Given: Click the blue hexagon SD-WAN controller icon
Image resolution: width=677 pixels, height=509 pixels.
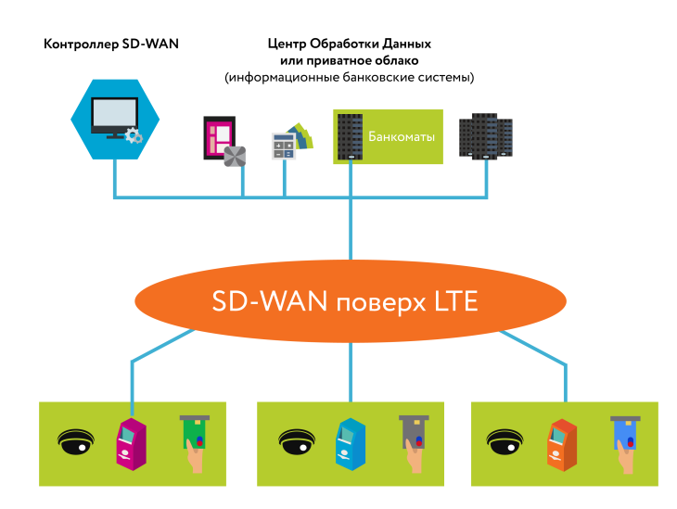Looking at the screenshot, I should (x=112, y=118).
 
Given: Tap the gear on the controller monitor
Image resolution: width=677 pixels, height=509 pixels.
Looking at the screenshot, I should (x=134, y=135).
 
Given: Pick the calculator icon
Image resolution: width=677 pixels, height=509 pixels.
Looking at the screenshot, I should (x=284, y=144).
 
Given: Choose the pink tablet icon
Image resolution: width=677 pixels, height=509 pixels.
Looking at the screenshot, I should (x=219, y=139).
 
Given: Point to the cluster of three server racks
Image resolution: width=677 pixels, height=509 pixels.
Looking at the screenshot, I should (x=486, y=135).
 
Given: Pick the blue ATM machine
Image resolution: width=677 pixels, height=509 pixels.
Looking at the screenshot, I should (x=348, y=442).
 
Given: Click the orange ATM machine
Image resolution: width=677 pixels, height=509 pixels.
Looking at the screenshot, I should (x=563, y=442).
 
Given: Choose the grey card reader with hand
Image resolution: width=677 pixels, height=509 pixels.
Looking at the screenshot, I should (x=412, y=443).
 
